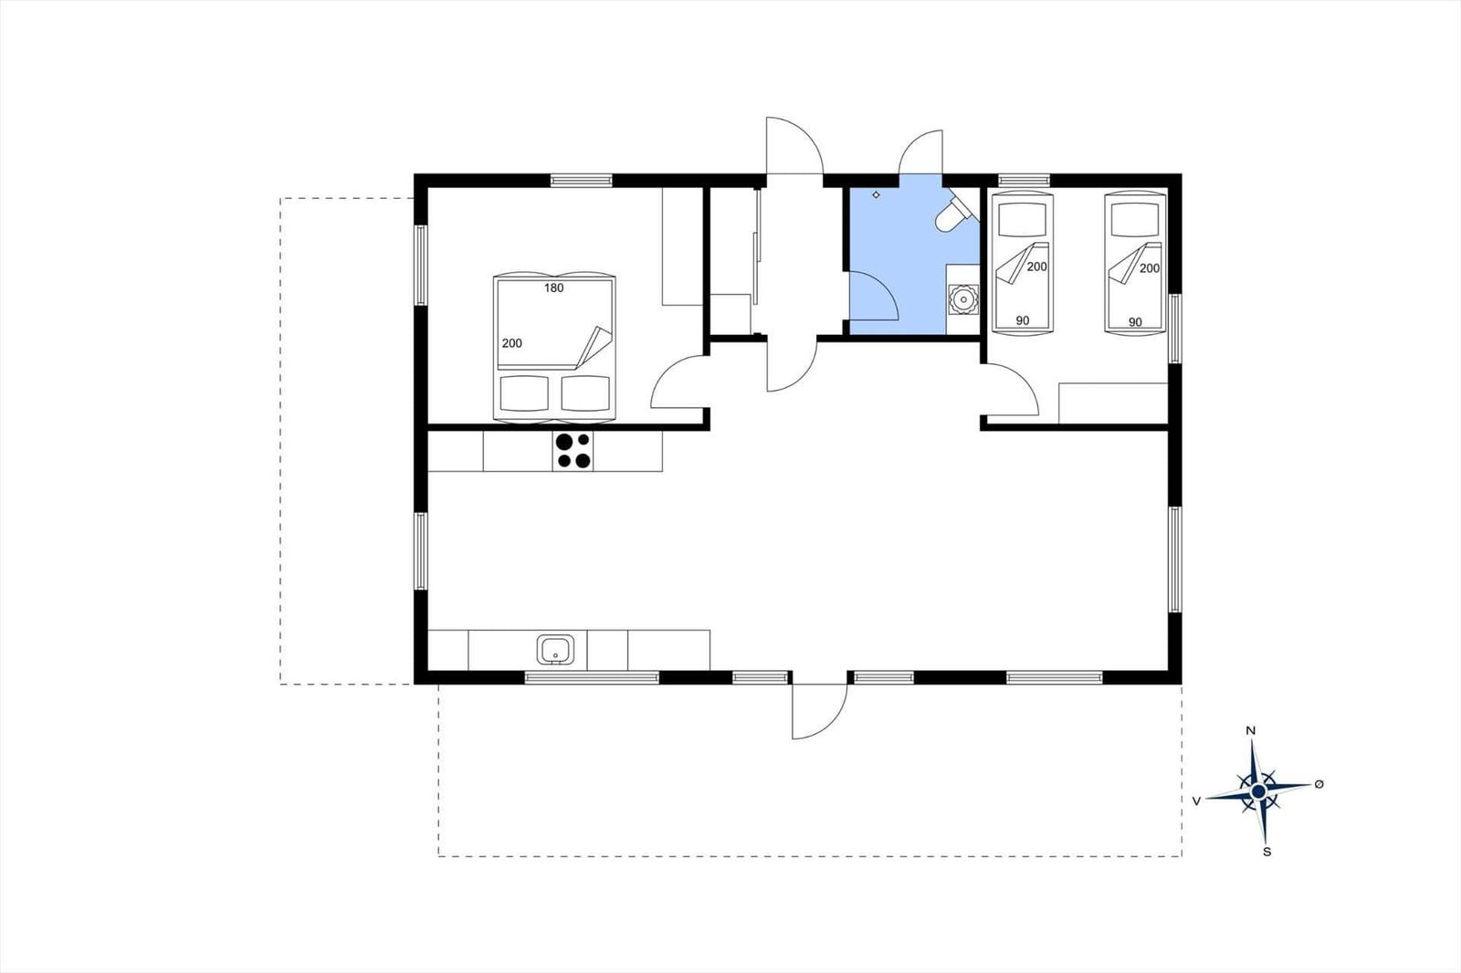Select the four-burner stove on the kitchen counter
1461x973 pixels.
coord(573,451)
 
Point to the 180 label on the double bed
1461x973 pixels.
coord(553,288)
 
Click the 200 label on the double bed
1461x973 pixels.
coord(511,343)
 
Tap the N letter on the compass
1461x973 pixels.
coord(1251,730)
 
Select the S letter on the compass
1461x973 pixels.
coord(1267,852)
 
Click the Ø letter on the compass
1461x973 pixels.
coord(1319,784)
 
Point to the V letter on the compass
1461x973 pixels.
coord(1195,800)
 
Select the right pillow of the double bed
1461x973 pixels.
coord(585,393)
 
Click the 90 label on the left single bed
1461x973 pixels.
coord(1022,320)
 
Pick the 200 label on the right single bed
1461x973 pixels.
coord(1149,268)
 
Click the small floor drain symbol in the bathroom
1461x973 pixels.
coord(876,194)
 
